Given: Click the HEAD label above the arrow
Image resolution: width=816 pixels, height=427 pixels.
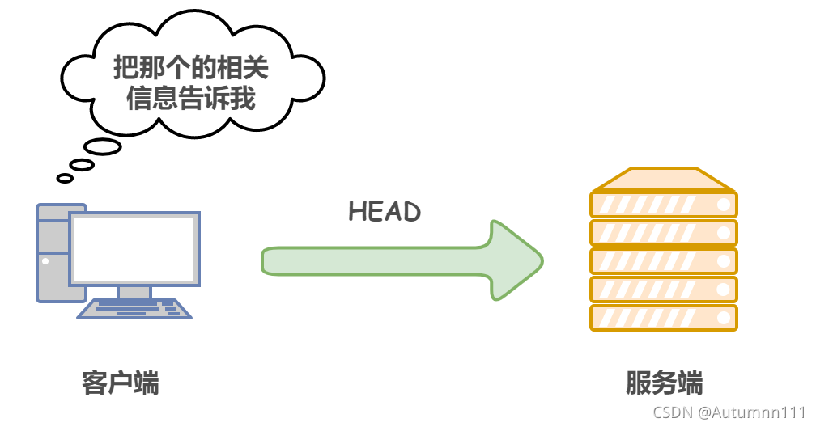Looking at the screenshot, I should (x=385, y=212).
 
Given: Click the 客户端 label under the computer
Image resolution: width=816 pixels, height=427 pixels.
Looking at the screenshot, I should (x=121, y=383).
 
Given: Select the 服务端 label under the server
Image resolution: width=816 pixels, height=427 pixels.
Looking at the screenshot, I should (x=664, y=383).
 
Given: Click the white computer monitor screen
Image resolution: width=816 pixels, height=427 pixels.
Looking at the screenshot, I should (x=134, y=247).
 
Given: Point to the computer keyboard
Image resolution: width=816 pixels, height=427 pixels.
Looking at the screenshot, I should (x=135, y=309).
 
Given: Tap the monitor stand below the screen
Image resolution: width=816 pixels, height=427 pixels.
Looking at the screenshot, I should (x=134, y=293).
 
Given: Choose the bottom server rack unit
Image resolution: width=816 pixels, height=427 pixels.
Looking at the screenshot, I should (x=664, y=317).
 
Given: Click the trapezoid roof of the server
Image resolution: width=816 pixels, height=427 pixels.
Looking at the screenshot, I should (x=664, y=178).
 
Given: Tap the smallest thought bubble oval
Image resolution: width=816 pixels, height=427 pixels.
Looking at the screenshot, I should (x=65, y=178).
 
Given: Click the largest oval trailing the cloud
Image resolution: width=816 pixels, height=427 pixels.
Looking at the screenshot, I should (x=103, y=147).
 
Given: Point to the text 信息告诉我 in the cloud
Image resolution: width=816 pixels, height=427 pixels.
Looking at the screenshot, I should (x=191, y=99).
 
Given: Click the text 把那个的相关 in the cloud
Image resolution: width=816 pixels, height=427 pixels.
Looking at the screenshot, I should (x=191, y=70).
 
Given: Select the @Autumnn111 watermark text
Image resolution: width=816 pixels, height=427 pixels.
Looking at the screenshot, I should (x=753, y=412).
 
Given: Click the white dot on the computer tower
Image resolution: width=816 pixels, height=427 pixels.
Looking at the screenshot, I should (x=45, y=261).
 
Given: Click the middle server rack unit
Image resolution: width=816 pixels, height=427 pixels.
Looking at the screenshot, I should (x=664, y=260).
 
